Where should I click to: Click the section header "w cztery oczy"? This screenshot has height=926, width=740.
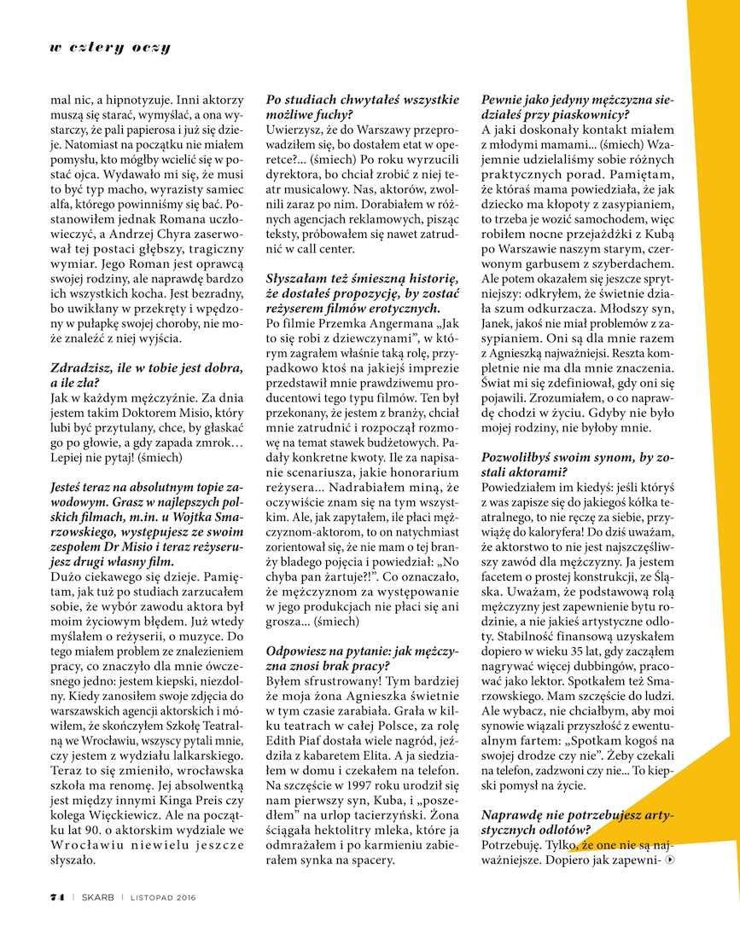point(109,48)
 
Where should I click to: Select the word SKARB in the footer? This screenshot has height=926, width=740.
point(97,895)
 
